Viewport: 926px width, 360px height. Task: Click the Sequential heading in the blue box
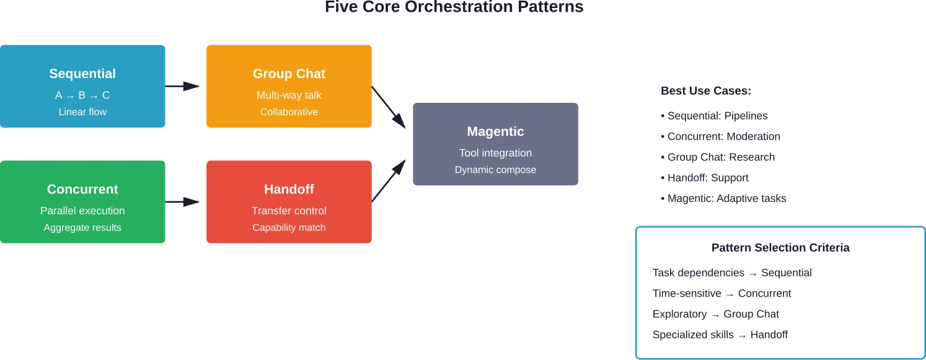point(82,74)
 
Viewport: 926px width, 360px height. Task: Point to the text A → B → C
point(82,95)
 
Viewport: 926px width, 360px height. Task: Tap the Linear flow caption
point(82,112)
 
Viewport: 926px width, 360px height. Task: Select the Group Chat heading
point(289,74)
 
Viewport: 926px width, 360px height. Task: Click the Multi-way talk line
point(289,95)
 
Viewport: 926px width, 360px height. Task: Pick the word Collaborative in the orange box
point(289,112)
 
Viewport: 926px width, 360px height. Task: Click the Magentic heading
point(495,131)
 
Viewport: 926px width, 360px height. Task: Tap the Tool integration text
point(495,153)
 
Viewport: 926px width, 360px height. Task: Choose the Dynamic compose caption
point(495,170)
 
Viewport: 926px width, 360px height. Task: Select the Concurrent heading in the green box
point(82,189)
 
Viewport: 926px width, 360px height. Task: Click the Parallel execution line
point(82,211)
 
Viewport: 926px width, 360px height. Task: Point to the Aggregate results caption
point(82,227)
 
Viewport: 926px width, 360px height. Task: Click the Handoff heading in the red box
point(289,189)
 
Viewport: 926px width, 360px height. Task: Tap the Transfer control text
point(289,211)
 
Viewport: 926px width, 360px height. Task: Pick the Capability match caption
point(289,227)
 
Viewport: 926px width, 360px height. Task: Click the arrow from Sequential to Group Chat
point(185,87)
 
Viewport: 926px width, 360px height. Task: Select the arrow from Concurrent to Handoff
point(185,201)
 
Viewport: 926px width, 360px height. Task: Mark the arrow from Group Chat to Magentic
point(390,107)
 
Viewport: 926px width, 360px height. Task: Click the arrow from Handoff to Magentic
point(390,180)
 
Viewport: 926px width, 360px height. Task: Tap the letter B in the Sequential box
point(82,95)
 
